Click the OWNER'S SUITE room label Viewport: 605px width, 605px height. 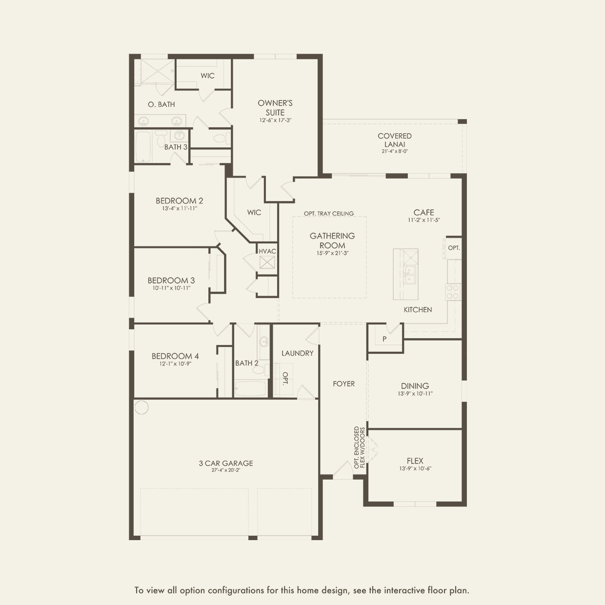[275, 107]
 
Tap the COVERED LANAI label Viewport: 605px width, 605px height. [395, 140]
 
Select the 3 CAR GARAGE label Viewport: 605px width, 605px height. [226, 463]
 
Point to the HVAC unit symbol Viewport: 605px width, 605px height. [267, 262]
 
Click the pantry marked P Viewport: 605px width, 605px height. [384, 339]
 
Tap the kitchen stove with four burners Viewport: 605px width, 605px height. [453, 291]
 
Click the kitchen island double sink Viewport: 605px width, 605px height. [410, 275]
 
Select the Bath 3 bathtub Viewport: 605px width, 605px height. [143, 146]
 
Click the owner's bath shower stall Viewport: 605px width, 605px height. [154, 72]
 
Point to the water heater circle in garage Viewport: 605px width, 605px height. [141, 407]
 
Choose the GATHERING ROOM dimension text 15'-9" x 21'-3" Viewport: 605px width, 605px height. [332, 253]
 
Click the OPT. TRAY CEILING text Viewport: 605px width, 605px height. [329, 214]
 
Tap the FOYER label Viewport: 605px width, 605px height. [344, 383]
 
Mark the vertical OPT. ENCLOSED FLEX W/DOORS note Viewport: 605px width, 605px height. [360, 447]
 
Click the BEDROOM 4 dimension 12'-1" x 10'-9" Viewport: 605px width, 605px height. [175, 363]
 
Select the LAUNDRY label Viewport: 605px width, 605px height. [297, 353]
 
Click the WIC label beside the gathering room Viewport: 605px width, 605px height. [254, 212]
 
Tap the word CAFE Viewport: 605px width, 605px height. [423, 212]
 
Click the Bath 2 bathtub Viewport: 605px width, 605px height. [250, 389]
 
